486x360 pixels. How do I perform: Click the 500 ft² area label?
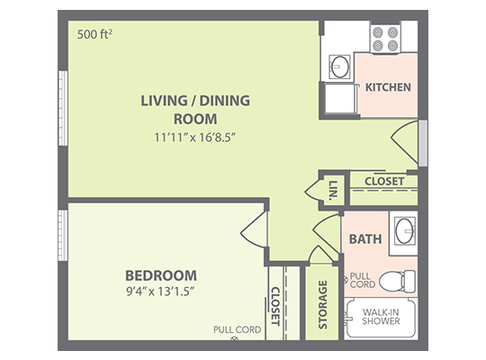point(94,34)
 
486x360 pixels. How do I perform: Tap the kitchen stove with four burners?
point(385,39)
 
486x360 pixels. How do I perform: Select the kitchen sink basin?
point(339,67)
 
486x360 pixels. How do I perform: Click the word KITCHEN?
point(388,87)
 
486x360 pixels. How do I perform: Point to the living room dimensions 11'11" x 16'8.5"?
point(195,137)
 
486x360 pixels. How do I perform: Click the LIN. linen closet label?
point(333,190)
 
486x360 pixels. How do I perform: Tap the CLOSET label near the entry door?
point(384,182)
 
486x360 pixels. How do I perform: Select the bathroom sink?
point(404,230)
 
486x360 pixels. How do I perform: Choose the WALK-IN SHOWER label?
point(381,317)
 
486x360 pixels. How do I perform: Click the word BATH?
point(365,239)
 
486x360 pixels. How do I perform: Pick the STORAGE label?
point(323,304)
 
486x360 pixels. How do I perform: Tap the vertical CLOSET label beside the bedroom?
point(275,306)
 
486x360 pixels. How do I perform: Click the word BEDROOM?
point(161,275)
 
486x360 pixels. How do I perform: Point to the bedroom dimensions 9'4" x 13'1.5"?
point(160,292)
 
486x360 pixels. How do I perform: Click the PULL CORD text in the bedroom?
point(237,329)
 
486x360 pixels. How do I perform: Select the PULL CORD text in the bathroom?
point(363,280)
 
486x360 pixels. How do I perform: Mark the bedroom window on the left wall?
point(63,235)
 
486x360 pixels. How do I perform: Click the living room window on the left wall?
point(63,108)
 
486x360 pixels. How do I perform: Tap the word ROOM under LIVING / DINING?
point(195,119)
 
